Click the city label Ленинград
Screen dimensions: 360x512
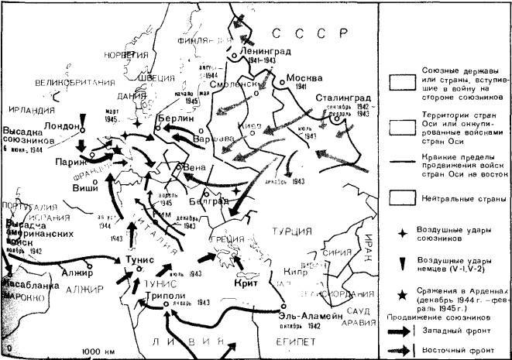pos(265,48)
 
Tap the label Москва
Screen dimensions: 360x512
pos(304,79)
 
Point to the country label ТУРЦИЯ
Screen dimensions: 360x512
pos(290,230)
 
